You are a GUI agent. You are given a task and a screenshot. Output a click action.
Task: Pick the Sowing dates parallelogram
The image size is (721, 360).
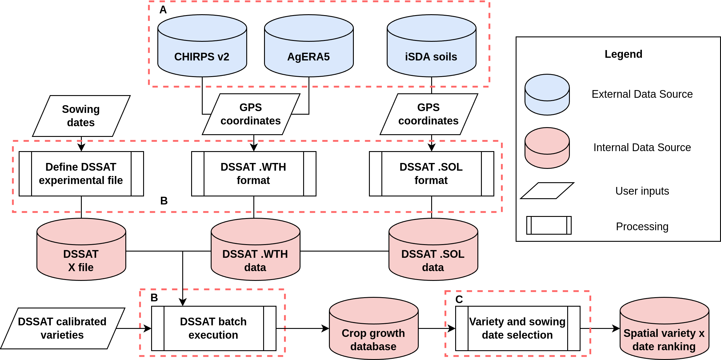click(81, 116)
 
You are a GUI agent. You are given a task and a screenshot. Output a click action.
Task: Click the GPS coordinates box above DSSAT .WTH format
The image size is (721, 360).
click(251, 114)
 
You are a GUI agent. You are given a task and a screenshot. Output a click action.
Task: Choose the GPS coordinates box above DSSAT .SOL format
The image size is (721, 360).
click(429, 114)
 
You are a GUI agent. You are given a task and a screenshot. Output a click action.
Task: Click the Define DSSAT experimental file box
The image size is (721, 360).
click(81, 174)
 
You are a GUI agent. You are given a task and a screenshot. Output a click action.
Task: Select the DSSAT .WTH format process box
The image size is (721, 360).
click(254, 174)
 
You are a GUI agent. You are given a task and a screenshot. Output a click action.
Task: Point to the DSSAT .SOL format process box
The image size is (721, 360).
click(431, 174)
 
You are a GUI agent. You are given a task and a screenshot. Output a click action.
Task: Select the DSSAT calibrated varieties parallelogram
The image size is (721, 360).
click(63, 328)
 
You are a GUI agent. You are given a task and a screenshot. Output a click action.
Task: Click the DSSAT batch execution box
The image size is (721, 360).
click(214, 328)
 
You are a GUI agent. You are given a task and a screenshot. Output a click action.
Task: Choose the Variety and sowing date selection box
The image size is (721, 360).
click(518, 328)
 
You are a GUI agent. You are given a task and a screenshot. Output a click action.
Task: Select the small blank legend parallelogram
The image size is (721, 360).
click(547, 191)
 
